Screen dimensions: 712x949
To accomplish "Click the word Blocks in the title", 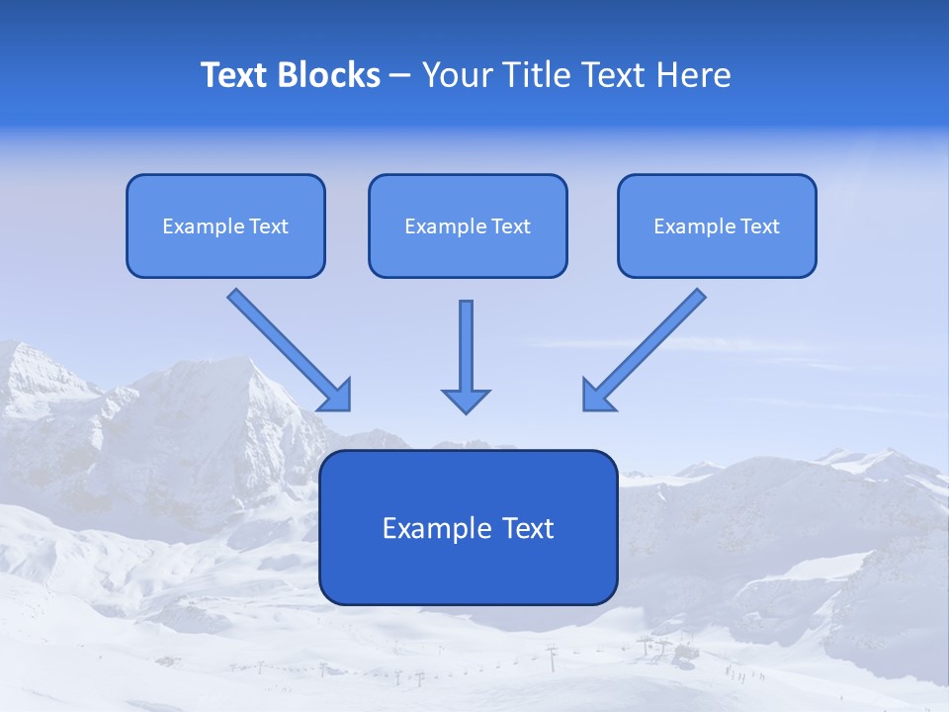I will coord(329,75).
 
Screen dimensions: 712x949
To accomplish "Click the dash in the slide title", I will coord(400,76).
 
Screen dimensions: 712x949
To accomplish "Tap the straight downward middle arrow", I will coord(466,346).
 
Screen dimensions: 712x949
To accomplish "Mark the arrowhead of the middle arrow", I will coord(466,400).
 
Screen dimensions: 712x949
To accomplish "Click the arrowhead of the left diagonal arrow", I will coord(337,395).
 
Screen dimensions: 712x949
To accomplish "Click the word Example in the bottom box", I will coord(425,528).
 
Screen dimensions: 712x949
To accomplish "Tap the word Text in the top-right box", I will coord(760,226).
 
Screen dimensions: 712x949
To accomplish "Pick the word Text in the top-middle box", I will coord(511,226).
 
